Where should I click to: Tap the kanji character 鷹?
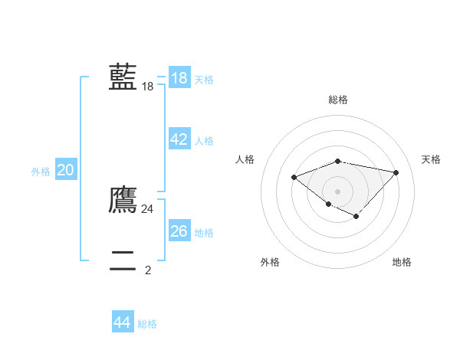tap(123, 199)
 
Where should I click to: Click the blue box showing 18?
tap(179, 77)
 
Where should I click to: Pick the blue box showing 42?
tap(179, 139)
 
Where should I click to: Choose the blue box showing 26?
tap(179, 231)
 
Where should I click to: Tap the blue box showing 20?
tap(66, 171)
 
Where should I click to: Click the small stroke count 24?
tap(148, 208)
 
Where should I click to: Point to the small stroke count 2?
tap(148, 270)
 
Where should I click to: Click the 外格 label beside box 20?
tap(41, 172)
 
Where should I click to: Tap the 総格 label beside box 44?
tap(147, 324)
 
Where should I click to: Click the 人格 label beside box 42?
tap(204, 141)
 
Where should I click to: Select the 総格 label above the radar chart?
tap(338, 100)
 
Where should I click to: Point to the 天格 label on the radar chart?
tap(431, 159)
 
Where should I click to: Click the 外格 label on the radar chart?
tap(270, 262)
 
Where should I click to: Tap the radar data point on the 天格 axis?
tap(396, 172)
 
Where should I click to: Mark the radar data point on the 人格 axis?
tap(294, 177)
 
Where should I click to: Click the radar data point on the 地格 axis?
tap(356, 217)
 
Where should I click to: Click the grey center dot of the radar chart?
tap(338, 191)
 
